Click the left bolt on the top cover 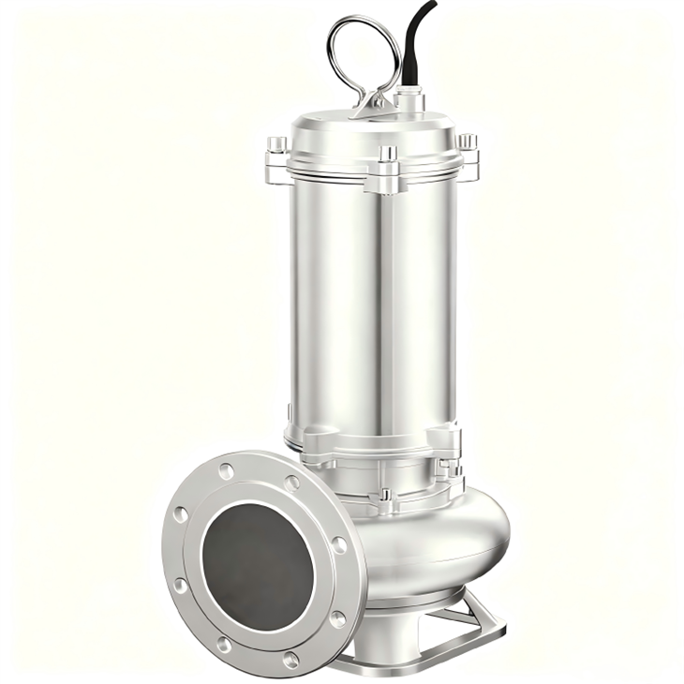pos(277,144)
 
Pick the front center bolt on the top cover pos(387,153)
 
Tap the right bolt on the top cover pos(467,141)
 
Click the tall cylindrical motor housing pos(375,300)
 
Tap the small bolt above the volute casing pos(383,493)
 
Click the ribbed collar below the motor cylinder pos(375,445)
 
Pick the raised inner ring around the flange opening pos(208,543)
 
